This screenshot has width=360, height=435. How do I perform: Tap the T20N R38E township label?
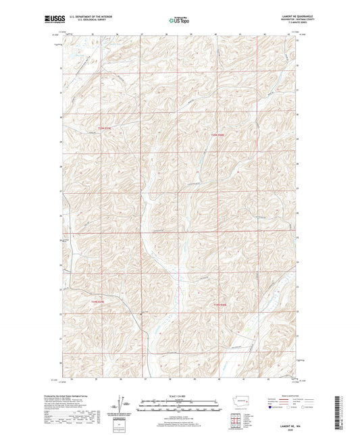pos(214,134)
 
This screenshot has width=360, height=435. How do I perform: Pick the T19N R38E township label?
pos(222,305)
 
